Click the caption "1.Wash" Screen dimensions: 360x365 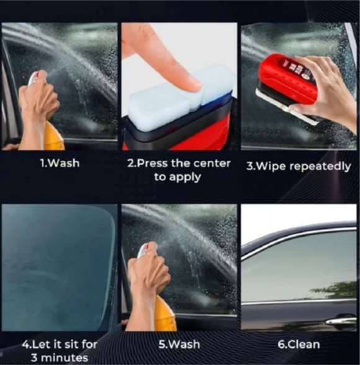(60, 163)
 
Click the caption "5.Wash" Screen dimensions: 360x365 (179, 345)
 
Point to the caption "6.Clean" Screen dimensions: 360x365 (299, 345)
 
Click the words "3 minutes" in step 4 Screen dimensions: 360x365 (60, 358)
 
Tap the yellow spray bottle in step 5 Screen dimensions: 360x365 (166, 314)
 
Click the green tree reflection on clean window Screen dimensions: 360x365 (335, 290)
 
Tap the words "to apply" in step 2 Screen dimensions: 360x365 (178, 177)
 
